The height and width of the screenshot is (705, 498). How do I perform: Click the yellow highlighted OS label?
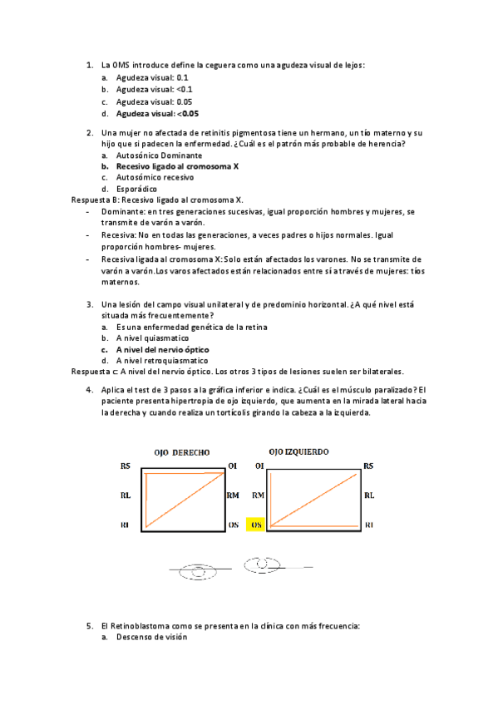tap(258, 525)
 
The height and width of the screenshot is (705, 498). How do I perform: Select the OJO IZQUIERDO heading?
tap(298, 451)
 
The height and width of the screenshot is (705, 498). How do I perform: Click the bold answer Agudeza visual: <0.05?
tap(157, 113)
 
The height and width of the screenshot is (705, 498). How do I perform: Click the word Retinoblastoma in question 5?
tap(142, 624)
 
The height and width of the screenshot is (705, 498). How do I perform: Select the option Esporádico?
tap(136, 189)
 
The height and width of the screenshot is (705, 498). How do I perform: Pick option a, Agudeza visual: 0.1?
tap(141, 76)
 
